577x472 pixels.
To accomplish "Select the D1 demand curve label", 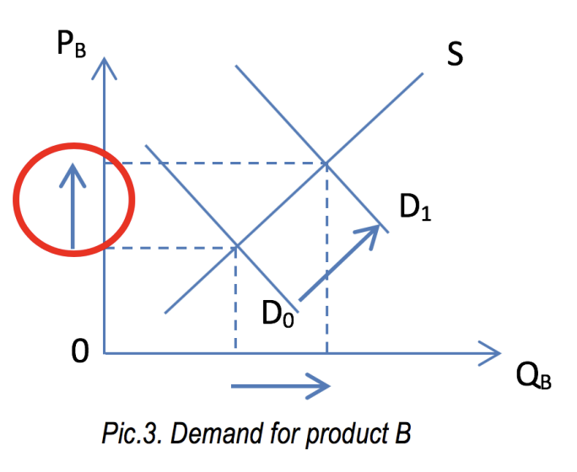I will tap(416, 206).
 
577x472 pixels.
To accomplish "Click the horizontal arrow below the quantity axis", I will tap(280, 387).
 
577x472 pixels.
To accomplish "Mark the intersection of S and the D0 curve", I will tap(235, 246).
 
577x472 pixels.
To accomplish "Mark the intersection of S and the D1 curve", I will tap(326, 164).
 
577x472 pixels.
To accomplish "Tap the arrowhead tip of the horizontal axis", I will tap(500, 352).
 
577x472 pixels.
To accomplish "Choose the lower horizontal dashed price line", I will tap(169, 247).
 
